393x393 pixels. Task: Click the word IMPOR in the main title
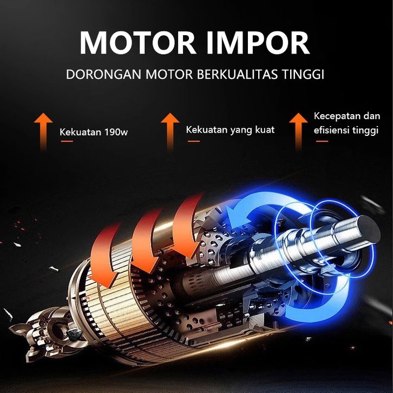coord(259,42)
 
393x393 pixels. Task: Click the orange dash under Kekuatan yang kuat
coord(193,141)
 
